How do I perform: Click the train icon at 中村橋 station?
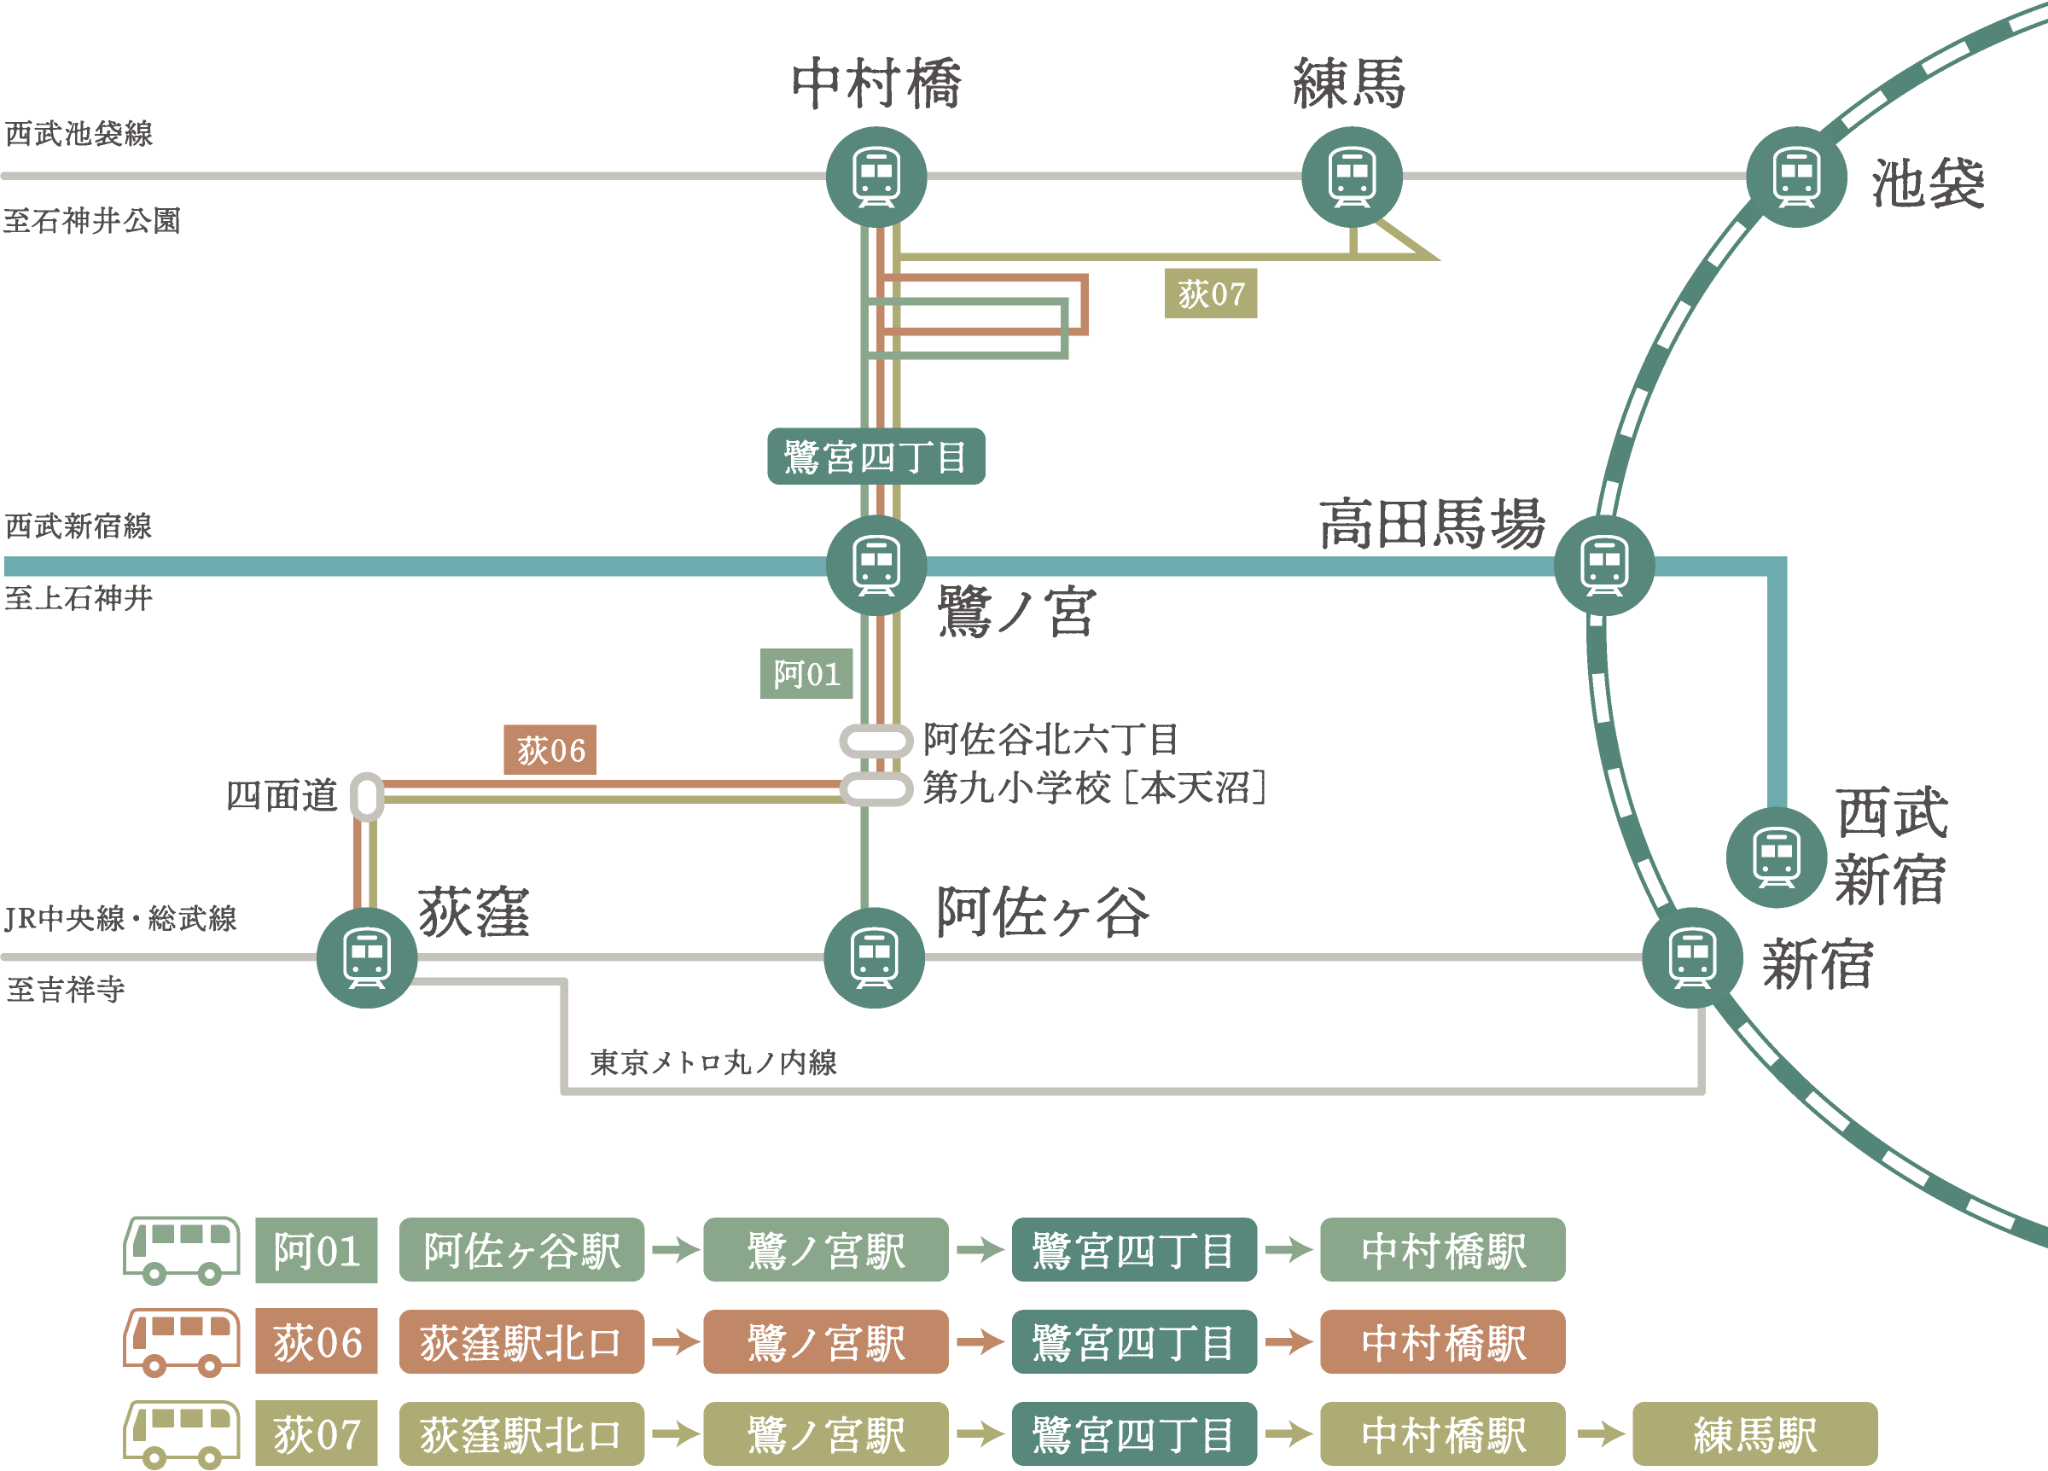click(876, 177)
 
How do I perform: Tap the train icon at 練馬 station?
click(1351, 177)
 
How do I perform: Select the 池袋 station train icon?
click(1795, 177)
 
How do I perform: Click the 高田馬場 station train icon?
click(1603, 567)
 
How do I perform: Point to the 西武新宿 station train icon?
click(1776, 857)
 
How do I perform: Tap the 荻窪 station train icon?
click(367, 957)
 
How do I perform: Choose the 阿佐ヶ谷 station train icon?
click(874, 957)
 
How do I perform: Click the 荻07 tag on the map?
click(1210, 294)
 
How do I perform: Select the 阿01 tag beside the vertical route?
click(806, 674)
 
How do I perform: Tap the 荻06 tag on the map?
click(549, 749)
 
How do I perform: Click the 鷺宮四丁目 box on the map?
click(875, 456)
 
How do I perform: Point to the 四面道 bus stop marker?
click(367, 796)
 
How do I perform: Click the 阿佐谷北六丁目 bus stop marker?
click(875, 741)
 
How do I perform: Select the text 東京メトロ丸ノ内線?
click(713, 1062)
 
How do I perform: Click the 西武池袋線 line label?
click(79, 134)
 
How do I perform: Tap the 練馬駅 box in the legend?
click(1754, 1434)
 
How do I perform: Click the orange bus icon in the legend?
click(182, 1342)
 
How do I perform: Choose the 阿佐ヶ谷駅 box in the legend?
click(521, 1250)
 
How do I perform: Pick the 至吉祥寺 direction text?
click(65, 990)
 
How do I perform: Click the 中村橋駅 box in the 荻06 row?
click(1442, 1342)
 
